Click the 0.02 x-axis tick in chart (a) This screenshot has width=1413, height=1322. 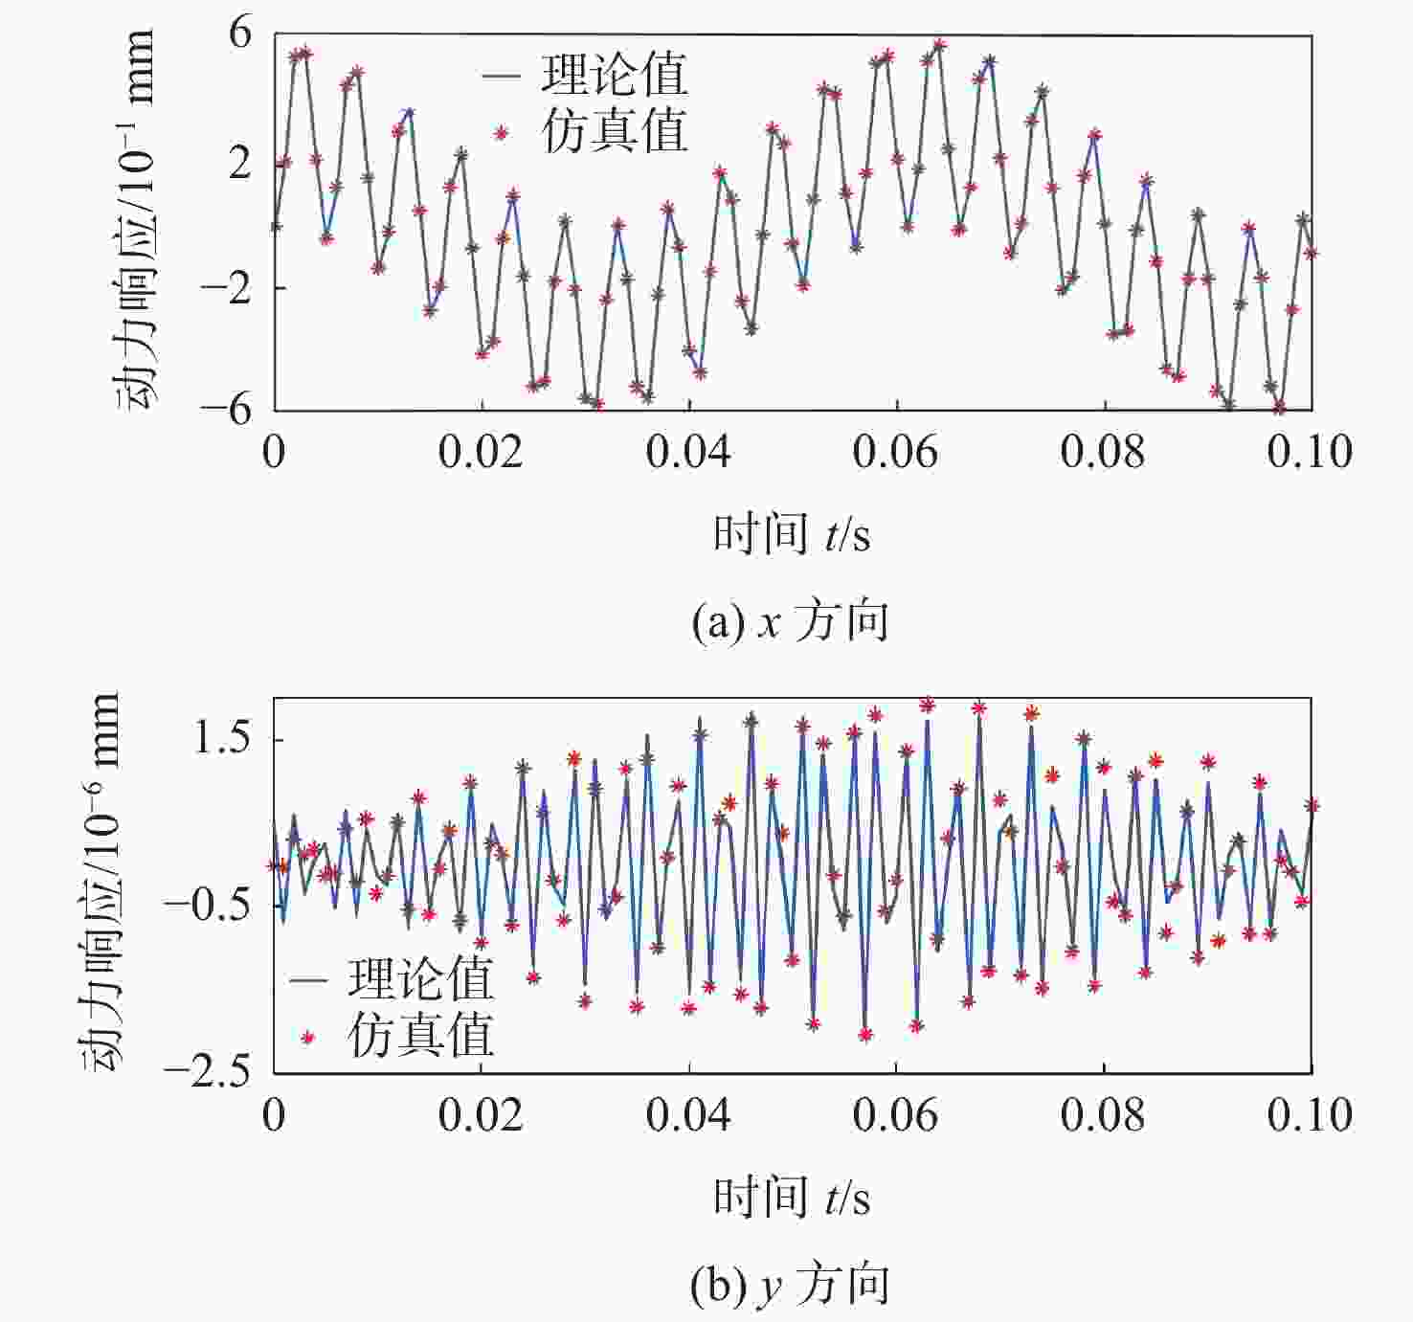click(x=481, y=452)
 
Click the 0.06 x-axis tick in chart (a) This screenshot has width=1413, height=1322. click(x=896, y=452)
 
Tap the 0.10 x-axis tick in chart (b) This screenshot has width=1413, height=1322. click(x=1309, y=1115)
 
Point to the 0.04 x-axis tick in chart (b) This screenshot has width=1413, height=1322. click(x=688, y=1115)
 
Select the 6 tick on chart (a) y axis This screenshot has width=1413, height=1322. click(x=239, y=34)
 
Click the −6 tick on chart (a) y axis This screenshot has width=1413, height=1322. click(x=226, y=409)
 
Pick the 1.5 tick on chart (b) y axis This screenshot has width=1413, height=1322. click(x=223, y=739)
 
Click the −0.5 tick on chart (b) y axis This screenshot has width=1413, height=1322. click(x=208, y=904)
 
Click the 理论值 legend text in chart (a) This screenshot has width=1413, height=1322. click(x=615, y=75)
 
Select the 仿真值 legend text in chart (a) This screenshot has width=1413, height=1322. click(x=615, y=131)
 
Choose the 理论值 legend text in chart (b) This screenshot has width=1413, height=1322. click(x=420, y=978)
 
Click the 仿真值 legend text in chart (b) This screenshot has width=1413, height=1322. click(x=420, y=1036)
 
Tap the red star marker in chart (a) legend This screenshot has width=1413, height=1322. click(x=500, y=133)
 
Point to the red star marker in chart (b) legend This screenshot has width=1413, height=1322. click(x=307, y=1037)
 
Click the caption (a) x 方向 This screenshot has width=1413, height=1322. click(x=790, y=622)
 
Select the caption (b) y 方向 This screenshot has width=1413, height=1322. click(x=790, y=1285)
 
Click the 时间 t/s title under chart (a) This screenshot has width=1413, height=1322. click(x=792, y=533)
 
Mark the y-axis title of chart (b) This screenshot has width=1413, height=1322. click(x=101, y=883)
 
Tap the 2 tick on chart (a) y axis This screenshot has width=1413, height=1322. click(x=239, y=163)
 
